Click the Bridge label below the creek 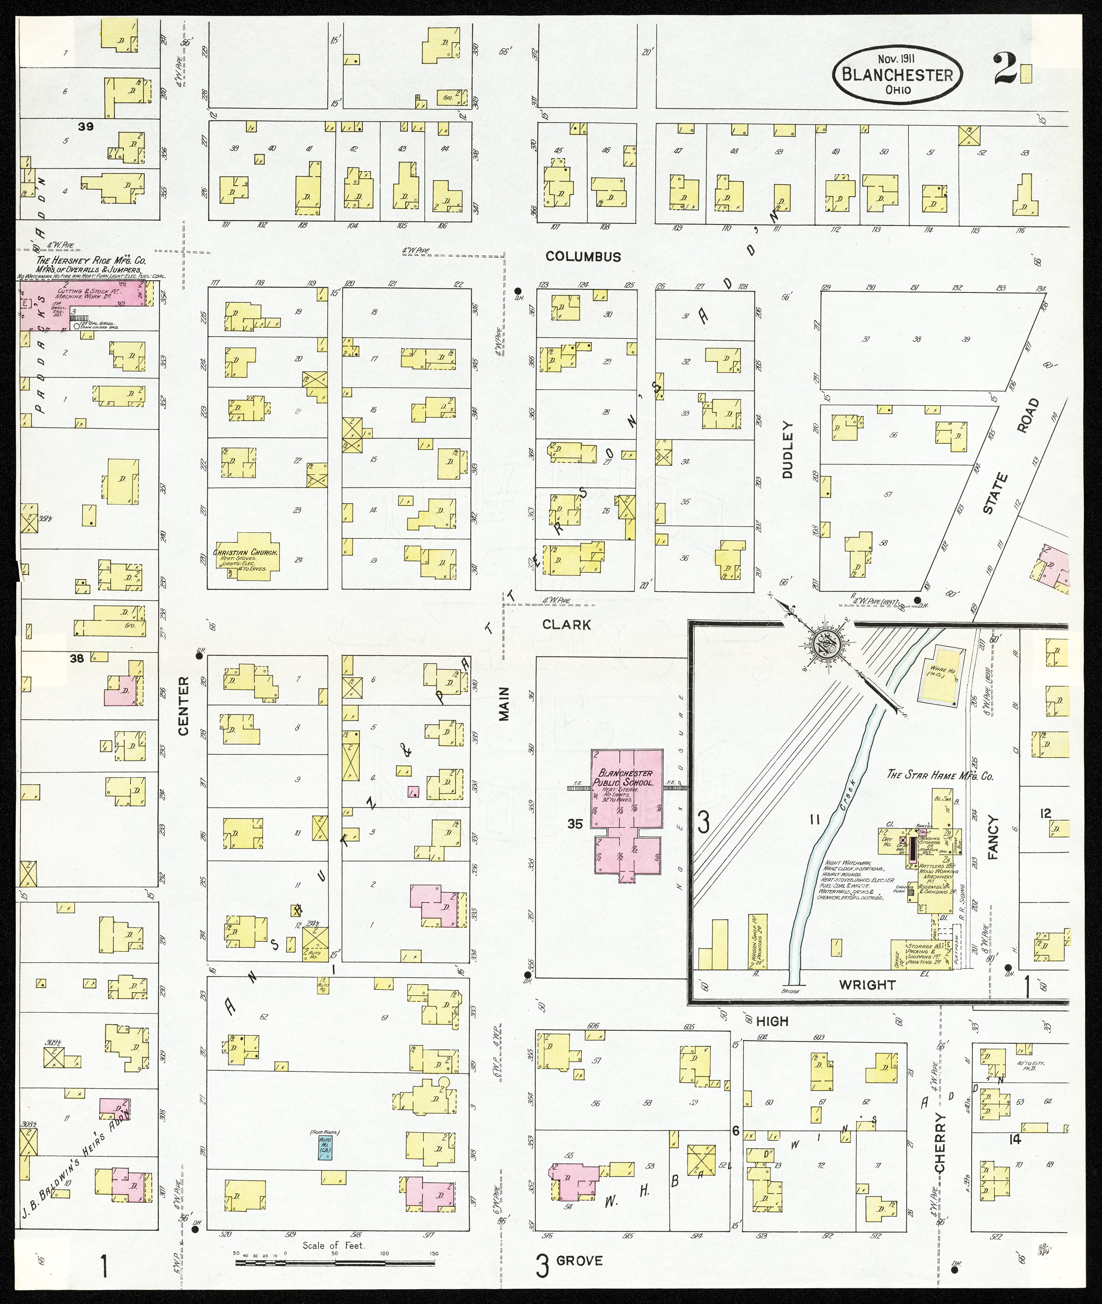click(x=790, y=991)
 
